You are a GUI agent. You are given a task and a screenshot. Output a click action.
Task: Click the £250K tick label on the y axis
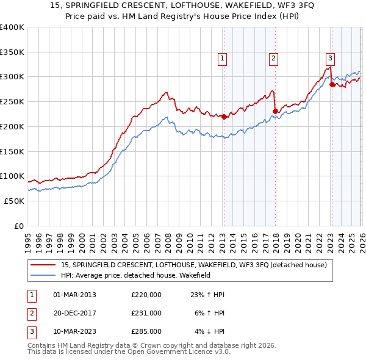click(x=12, y=101)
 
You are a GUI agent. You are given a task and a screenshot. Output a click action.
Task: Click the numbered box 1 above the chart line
click(x=221, y=59)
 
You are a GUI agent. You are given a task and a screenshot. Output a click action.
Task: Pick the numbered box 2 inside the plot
click(x=273, y=59)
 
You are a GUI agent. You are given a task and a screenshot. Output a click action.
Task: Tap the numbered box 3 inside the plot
click(x=330, y=59)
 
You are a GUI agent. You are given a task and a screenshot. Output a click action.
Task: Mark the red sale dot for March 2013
click(x=224, y=117)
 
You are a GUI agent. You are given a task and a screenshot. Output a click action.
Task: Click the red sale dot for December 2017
click(x=275, y=111)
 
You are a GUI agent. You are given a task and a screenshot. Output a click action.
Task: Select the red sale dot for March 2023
click(x=332, y=84)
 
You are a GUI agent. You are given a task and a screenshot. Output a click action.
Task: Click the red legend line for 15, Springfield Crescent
click(x=44, y=265)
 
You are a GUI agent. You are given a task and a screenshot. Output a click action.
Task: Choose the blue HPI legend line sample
click(x=44, y=276)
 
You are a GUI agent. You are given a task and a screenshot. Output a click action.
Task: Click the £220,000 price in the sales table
click(x=146, y=295)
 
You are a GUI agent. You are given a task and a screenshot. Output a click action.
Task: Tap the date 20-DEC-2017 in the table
click(x=75, y=313)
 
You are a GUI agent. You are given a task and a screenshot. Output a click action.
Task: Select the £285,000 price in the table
click(x=146, y=331)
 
